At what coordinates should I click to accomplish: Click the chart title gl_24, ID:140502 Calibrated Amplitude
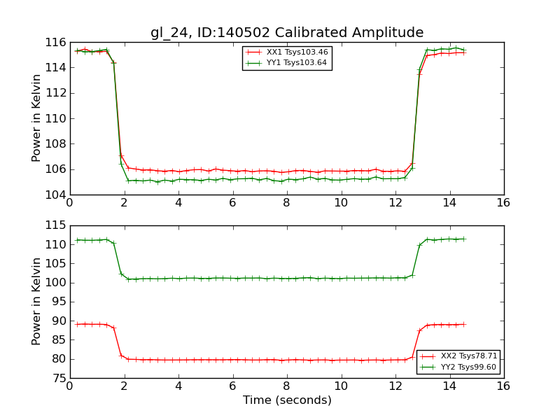click(x=287, y=32)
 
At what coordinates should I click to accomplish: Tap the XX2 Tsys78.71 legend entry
click(x=468, y=356)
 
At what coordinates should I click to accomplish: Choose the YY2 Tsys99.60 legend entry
click(x=468, y=367)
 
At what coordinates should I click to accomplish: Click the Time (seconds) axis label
click(x=287, y=400)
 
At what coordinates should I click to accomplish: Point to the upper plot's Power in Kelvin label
click(x=37, y=118)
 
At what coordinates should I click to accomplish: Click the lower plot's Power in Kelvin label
click(x=37, y=302)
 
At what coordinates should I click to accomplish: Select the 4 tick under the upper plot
click(x=178, y=202)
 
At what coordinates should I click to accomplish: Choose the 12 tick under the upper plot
click(x=395, y=202)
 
